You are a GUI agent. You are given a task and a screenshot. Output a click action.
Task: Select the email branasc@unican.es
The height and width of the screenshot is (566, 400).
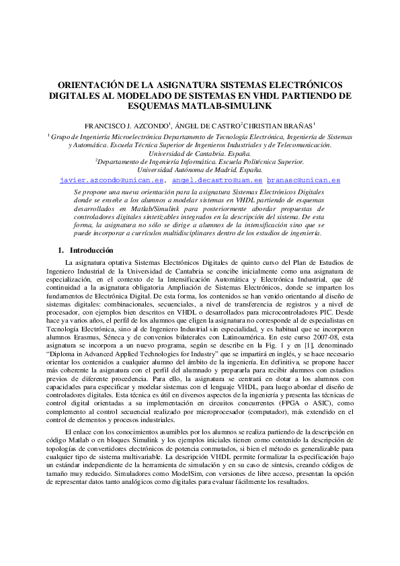pos(303,180)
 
